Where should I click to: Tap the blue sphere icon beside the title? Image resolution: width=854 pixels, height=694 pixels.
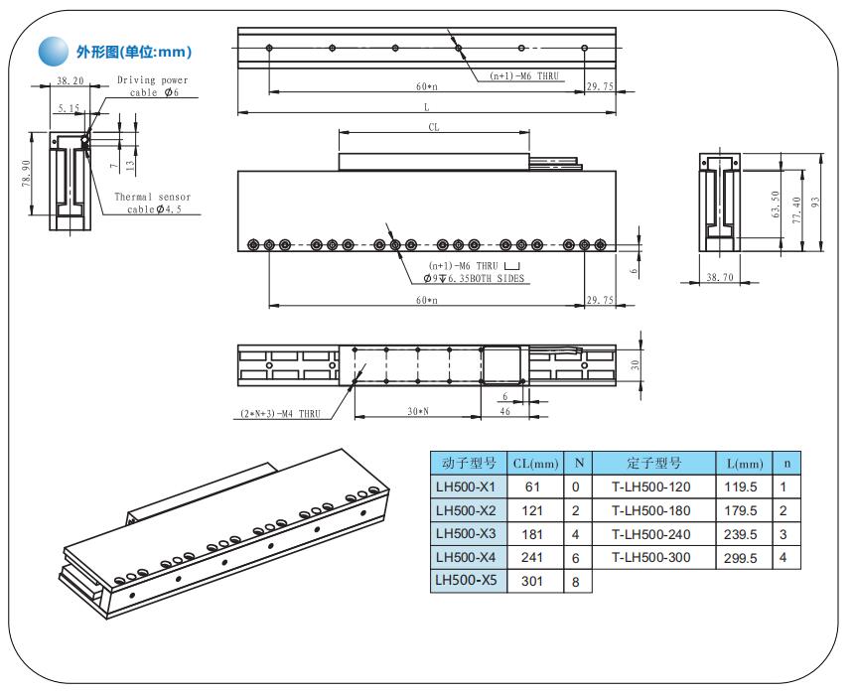(x=51, y=51)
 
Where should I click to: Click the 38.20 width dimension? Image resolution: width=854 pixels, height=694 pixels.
(x=70, y=80)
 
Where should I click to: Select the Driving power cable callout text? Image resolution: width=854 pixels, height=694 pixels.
(x=152, y=85)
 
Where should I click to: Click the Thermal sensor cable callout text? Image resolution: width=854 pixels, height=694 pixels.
(x=152, y=203)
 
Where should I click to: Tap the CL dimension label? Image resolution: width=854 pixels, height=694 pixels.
(x=433, y=127)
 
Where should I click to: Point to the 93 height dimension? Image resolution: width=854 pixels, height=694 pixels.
(x=815, y=202)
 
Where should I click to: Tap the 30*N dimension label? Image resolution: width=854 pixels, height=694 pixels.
(x=418, y=412)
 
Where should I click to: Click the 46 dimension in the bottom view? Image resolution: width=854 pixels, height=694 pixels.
(x=504, y=412)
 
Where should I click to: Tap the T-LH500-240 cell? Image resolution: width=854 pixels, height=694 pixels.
(x=651, y=534)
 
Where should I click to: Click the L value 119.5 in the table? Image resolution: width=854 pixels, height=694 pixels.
(x=744, y=487)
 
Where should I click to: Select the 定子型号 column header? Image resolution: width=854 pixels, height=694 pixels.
(x=653, y=463)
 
